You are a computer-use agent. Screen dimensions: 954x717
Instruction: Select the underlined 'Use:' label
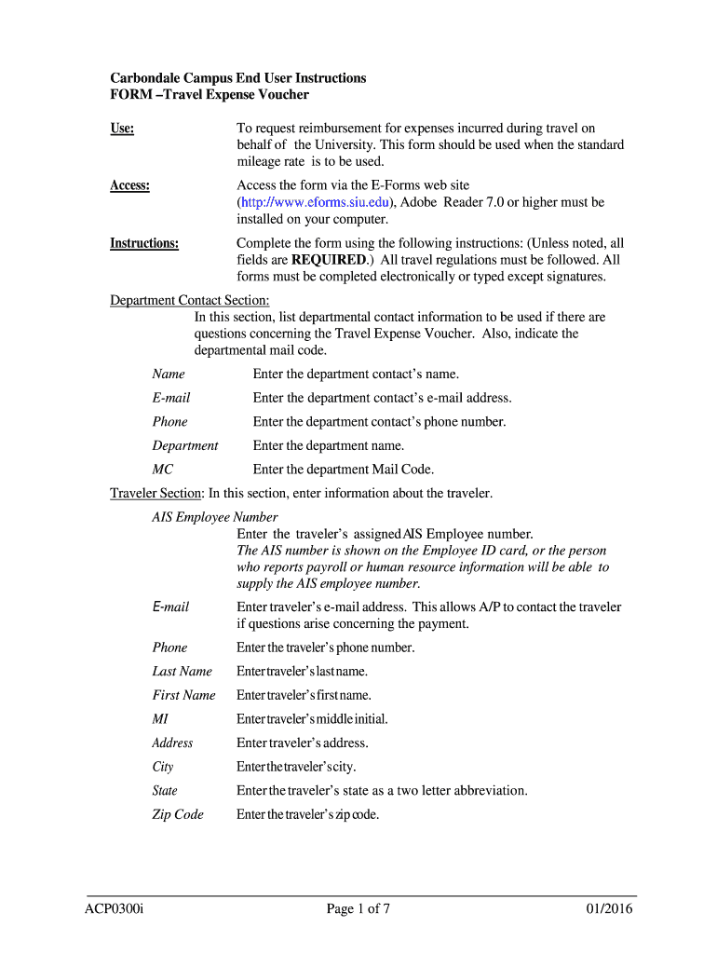point(122,129)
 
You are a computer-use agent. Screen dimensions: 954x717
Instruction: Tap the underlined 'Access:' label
point(130,185)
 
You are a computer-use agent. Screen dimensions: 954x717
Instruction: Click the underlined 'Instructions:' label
point(144,243)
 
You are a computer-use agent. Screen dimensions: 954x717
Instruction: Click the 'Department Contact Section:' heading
point(190,300)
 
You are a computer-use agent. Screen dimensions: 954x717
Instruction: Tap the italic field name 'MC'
point(163,470)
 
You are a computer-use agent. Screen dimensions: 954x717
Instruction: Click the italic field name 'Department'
point(185,445)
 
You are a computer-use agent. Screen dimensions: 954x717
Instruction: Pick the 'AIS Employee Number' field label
point(215,517)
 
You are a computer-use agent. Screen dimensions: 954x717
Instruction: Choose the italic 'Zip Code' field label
point(177,814)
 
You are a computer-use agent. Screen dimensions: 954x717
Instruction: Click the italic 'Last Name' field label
point(182,671)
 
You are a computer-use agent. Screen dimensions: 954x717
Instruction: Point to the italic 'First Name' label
point(183,695)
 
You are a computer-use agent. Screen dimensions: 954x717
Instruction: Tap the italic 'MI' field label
point(161,719)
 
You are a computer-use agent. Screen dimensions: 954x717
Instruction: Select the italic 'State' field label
point(165,790)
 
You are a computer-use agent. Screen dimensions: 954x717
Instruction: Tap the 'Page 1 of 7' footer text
point(358,910)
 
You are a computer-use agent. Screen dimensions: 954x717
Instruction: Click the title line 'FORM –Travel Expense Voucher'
point(210,95)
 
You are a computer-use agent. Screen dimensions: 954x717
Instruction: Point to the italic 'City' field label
point(163,767)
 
